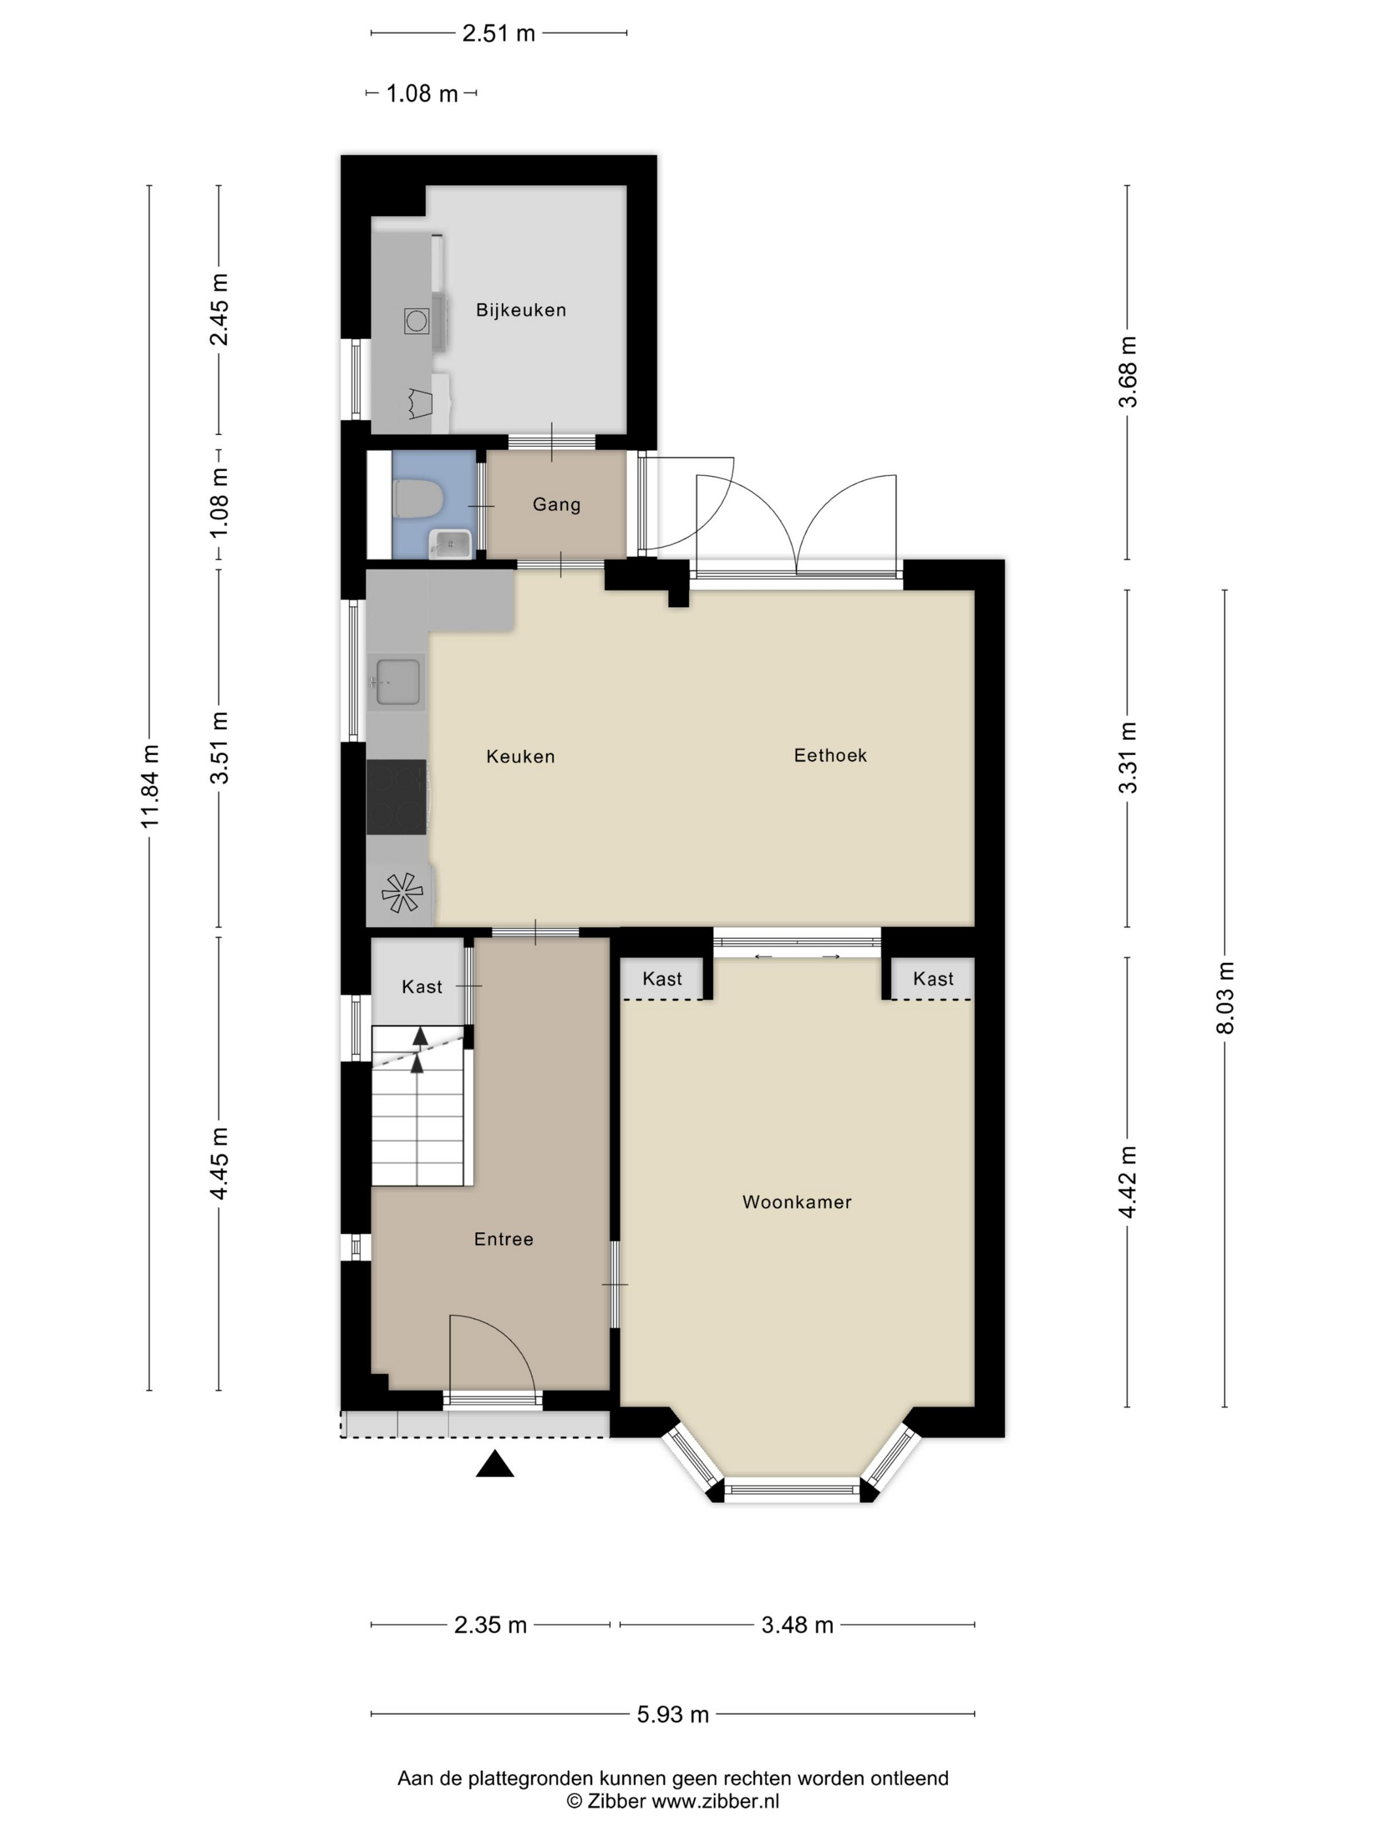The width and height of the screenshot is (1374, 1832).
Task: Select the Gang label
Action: click(555, 504)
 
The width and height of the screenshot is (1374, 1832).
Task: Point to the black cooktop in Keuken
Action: click(396, 797)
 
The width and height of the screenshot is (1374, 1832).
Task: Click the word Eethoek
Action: click(830, 755)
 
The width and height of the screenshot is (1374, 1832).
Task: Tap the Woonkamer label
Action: click(796, 1202)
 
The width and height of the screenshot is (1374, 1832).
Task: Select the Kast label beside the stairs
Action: click(421, 987)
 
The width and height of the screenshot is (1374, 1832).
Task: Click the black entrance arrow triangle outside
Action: click(495, 1465)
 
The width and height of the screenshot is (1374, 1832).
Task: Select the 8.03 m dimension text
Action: click(1225, 997)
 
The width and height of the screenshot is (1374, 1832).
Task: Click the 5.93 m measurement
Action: click(673, 1714)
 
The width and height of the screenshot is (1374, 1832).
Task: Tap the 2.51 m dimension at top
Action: click(499, 33)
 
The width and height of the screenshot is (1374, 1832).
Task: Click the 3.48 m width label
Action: click(797, 1625)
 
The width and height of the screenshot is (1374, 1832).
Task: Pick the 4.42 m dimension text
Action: click(1127, 1182)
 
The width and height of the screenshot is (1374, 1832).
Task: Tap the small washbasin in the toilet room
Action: click(449, 544)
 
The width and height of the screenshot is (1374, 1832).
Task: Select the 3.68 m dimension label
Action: click(1127, 372)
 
